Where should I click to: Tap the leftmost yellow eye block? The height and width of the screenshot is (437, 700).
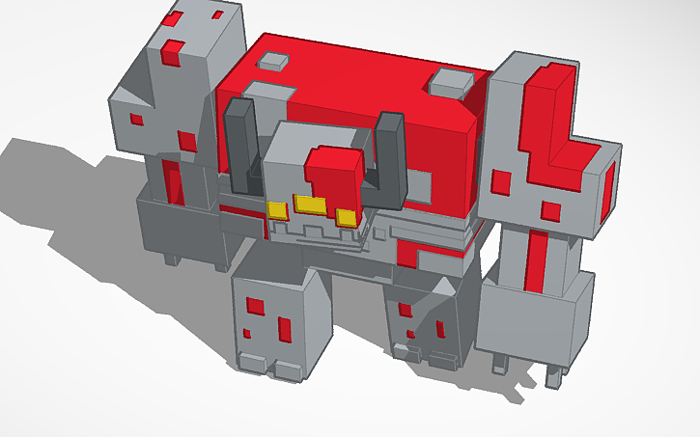(277, 209)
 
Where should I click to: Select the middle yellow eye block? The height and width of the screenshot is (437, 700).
(311, 205)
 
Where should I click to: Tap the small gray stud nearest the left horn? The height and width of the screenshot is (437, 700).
(273, 61)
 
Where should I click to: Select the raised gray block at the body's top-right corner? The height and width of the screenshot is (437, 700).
(449, 82)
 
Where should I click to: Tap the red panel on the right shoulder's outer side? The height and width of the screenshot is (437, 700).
(608, 188)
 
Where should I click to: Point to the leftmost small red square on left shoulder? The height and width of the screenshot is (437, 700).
(136, 120)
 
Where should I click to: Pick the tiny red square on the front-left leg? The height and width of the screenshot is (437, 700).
(247, 334)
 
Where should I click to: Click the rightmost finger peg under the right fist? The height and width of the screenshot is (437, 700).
(554, 374)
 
